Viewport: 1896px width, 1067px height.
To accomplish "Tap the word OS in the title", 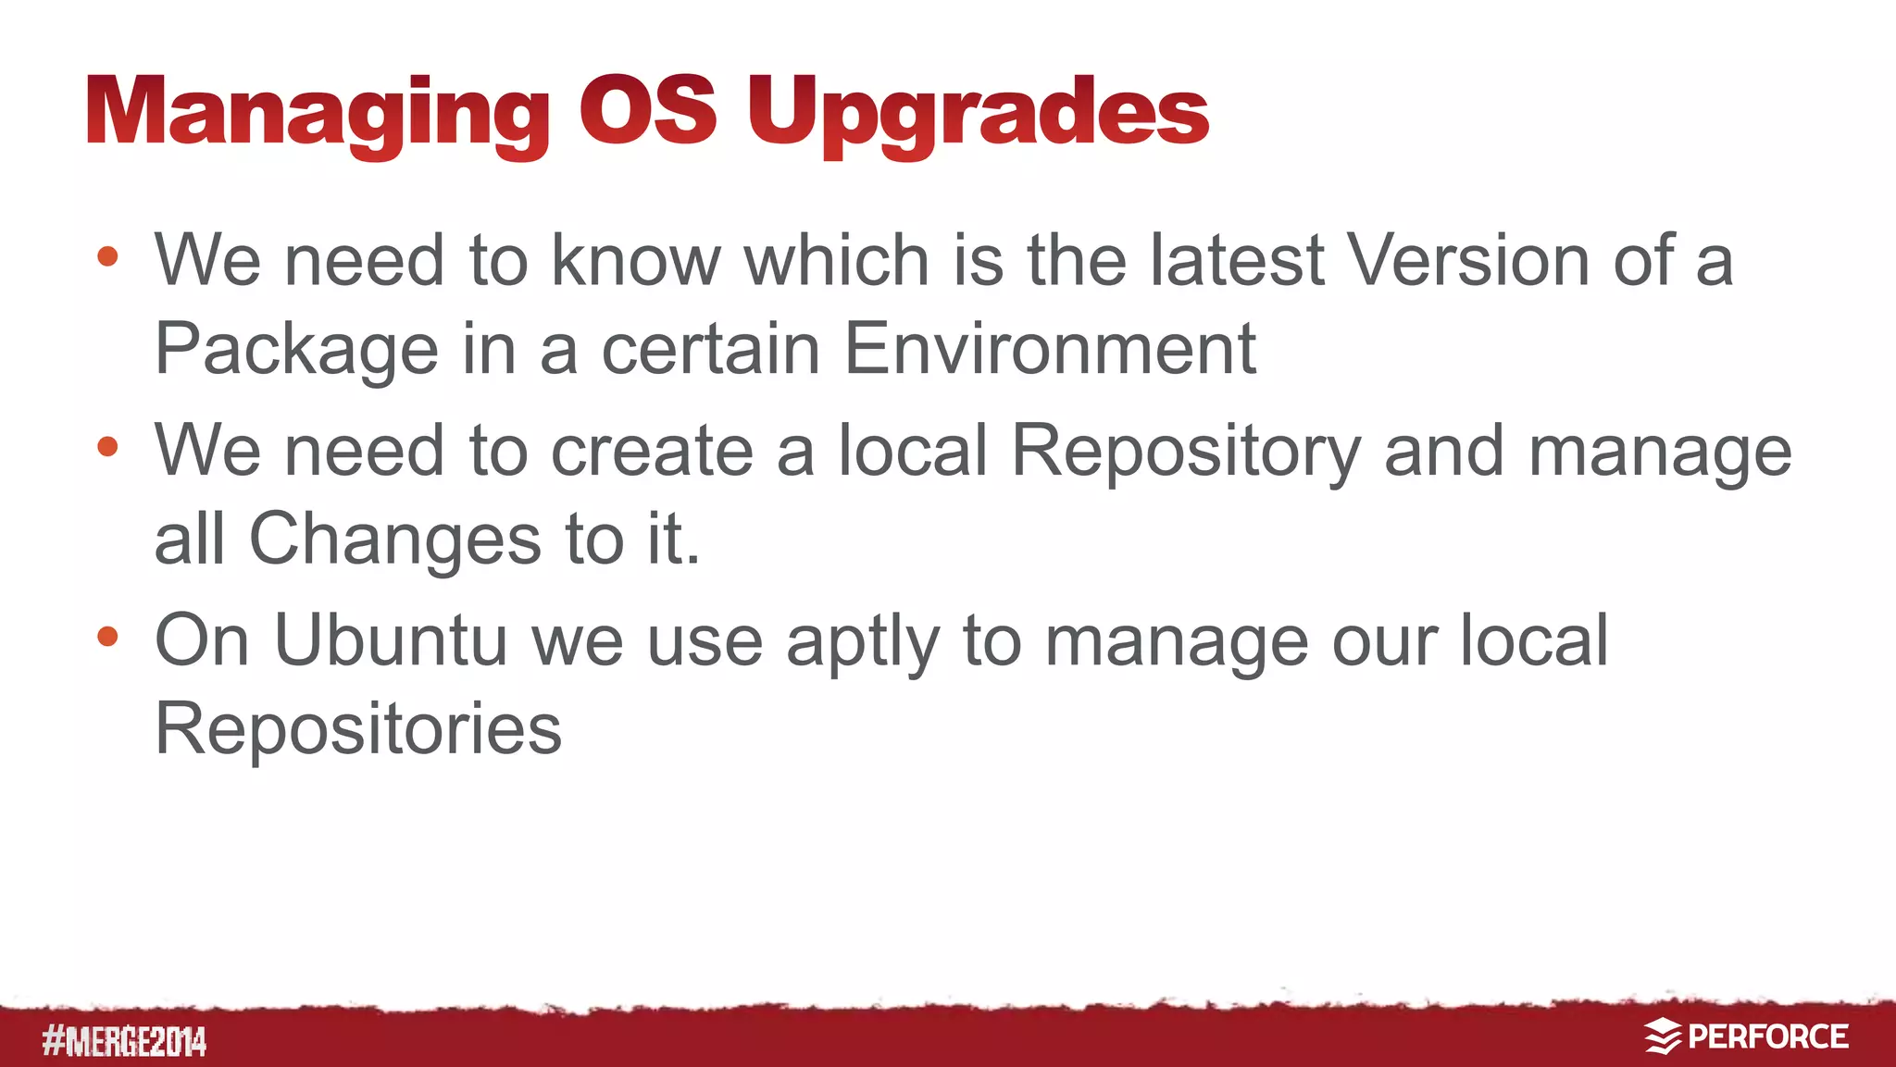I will (647, 111).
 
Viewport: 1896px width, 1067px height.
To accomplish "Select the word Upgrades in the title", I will (978, 113).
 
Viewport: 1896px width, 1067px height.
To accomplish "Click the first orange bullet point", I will (107, 256).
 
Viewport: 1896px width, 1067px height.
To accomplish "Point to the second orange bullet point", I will (107, 447).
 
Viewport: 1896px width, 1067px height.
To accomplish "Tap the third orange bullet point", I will (107, 637).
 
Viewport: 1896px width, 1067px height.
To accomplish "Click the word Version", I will (1468, 260).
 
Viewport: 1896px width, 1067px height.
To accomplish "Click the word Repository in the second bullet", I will (1186, 452).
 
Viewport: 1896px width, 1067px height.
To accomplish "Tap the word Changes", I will (395, 539).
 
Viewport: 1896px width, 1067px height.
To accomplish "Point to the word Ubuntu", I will (391, 639).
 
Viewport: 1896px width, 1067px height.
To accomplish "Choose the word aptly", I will (862, 642).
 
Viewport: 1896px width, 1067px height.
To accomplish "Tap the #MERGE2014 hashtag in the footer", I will (124, 1042).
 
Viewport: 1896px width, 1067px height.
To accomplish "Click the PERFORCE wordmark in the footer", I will (1767, 1036).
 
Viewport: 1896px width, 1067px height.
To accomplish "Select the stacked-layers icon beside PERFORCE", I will (1663, 1036).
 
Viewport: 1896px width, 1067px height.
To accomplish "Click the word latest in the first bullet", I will (1237, 260).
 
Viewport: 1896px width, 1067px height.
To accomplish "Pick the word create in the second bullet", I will (652, 451).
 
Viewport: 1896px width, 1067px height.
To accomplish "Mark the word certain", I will (711, 349).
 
